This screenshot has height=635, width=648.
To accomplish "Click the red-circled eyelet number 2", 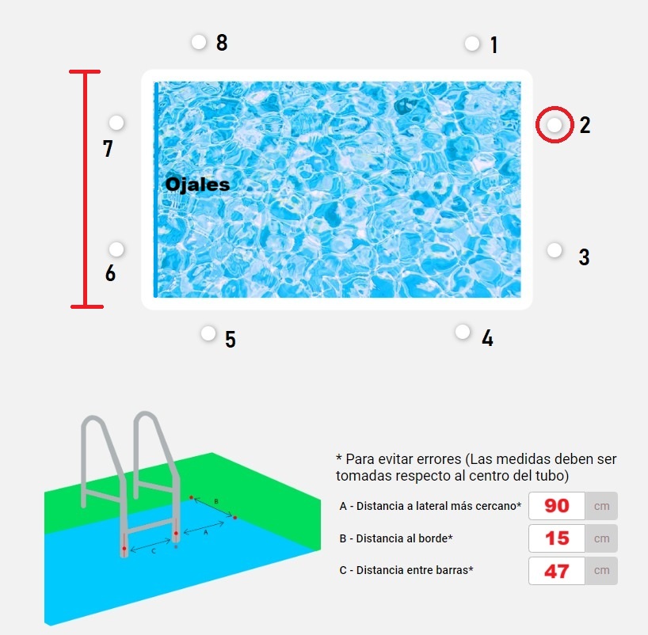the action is pyautogui.click(x=555, y=124).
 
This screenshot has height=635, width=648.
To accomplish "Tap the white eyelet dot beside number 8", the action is pyautogui.click(x=199, y=42).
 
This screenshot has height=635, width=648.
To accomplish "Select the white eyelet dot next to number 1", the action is pyautogui.click(x=472, y=44).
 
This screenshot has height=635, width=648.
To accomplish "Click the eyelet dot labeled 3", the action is pyautogui.click(x=555, y=250).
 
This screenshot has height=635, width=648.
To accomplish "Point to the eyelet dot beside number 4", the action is pyautogui.click(x=463, y=331).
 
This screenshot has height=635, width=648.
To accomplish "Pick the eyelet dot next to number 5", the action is pyautogui.click(x=208, y=333).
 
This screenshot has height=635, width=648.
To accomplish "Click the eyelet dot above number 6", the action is pyautogui.click(x=116, y=249).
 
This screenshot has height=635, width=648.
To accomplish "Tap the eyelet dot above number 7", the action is pyautogui.click(x=116, y=122).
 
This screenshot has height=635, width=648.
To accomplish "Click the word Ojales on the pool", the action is pyautogui.click(x=197, y=184).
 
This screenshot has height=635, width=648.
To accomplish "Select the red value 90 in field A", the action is pyautogui.click(x=557, y=506).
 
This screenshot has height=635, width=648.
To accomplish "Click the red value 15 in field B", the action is pyautogui.click(x=557, y=538).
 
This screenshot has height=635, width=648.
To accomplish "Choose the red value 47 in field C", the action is pyautogui.click(x=557, y=571).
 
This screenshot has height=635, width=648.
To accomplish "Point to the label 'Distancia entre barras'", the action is pyautogui.click(x=412, y=570).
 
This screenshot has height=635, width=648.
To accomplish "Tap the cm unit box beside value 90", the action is pyautogui.click(x=601, y=506).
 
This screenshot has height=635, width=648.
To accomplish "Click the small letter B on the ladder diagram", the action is pyautogui.click(x=216, y=501).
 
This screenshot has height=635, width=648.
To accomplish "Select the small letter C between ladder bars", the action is pyautogui.click(x=154, y=551).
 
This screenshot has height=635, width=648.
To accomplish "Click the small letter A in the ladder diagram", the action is pyautogui.click(x=206, y=533).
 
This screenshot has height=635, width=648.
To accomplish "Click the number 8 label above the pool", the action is pyautogui.click(x=222, y=42).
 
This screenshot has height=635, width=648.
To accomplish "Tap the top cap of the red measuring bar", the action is pyautogui.click(x=85, y=71).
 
